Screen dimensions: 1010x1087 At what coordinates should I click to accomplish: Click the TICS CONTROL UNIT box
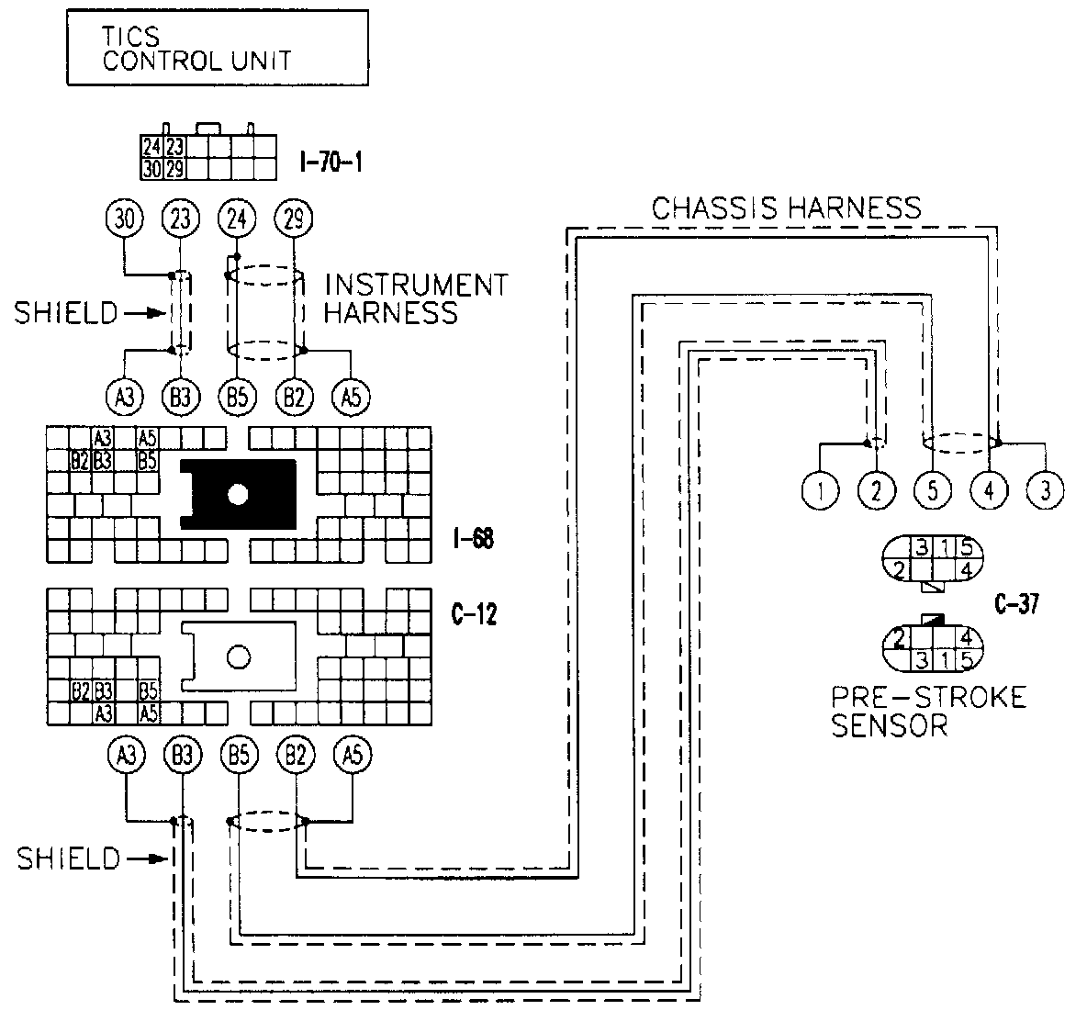pos(218,49)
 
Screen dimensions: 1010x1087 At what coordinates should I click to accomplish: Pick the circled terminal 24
pos(236,219)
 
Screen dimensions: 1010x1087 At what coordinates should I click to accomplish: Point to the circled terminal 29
pos(294,219)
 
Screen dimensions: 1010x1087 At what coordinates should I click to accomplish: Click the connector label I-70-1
pos(331,163)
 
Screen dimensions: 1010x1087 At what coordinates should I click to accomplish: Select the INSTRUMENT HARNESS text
pos(416,298)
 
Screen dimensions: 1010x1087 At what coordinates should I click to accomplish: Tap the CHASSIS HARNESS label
pos(786,208)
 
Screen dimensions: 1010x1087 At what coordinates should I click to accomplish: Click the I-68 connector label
pos(473,539)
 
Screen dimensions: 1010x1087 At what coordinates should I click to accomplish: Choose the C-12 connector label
pos(474,615)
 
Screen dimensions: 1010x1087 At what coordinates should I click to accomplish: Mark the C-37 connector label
pos(1015,605)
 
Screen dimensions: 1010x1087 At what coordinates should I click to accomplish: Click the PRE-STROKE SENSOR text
pos(927,711)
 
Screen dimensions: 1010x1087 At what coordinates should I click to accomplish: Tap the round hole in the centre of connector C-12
pos(239,656)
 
